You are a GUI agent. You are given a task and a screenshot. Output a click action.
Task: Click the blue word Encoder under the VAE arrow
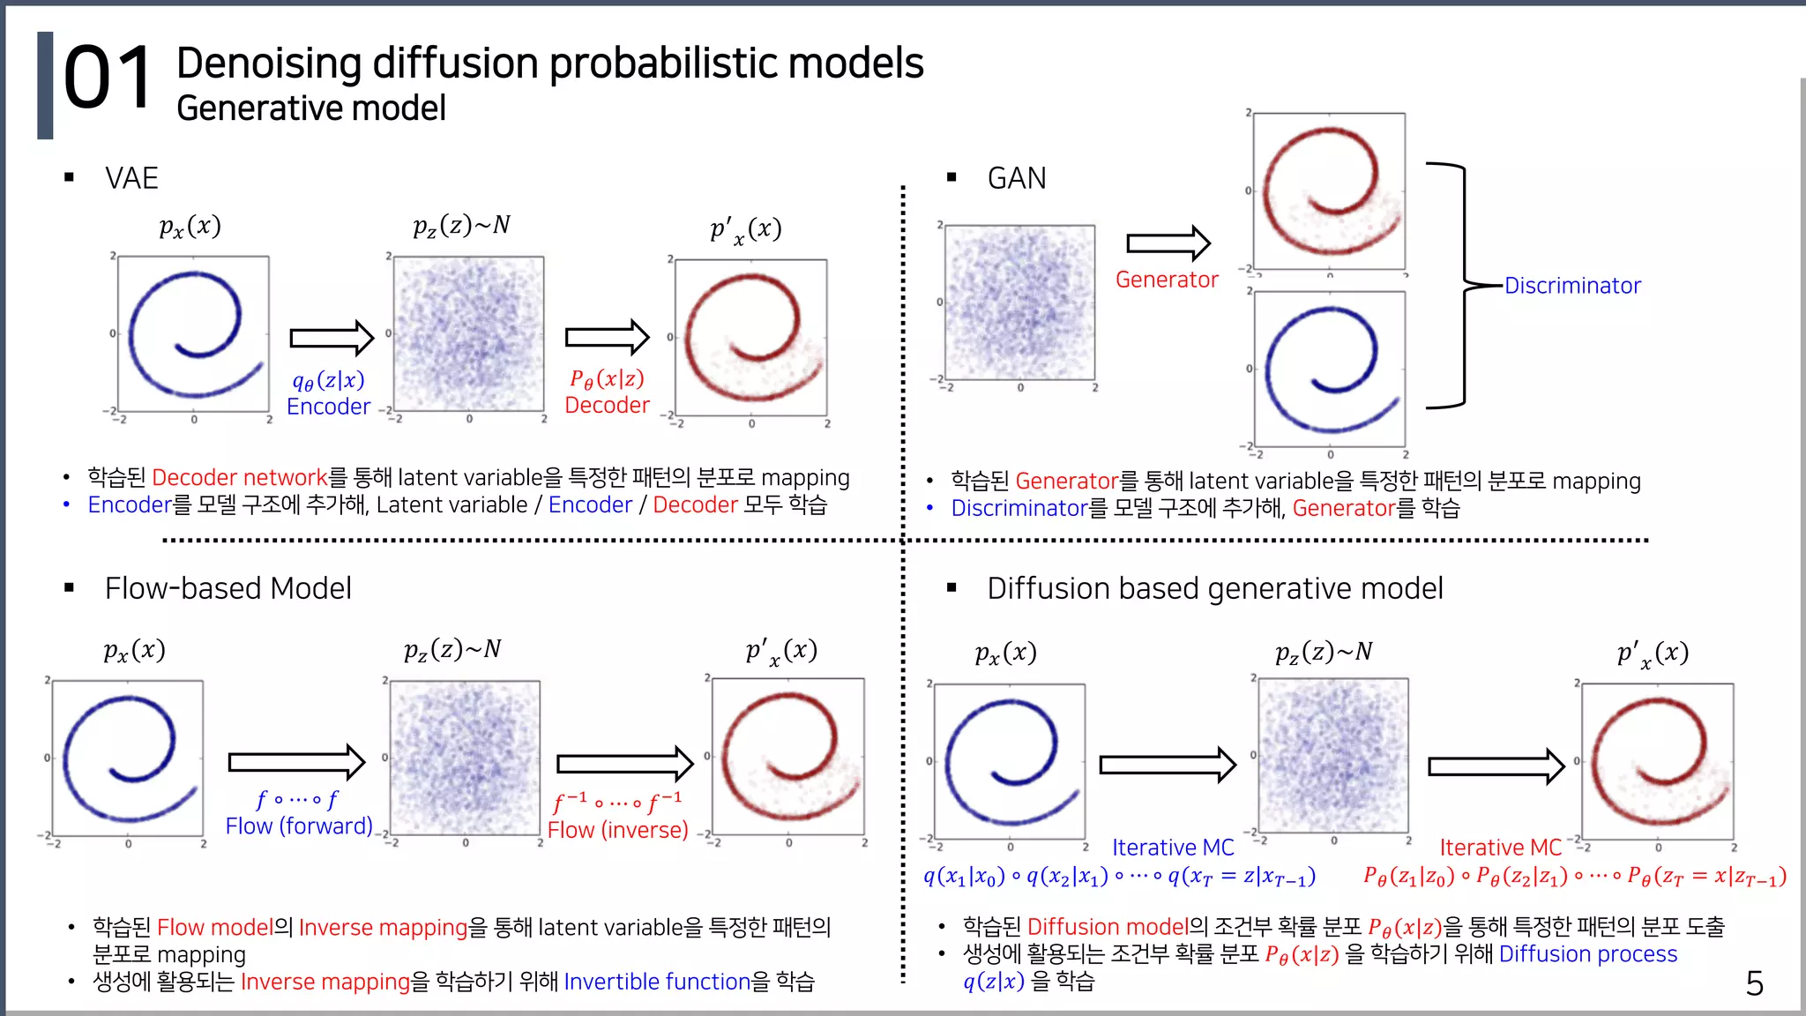click(328, 407)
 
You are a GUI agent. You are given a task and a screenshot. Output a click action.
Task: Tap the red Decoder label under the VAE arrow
click(607, 405)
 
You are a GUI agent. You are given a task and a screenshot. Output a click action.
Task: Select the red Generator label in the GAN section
click(1166, 280)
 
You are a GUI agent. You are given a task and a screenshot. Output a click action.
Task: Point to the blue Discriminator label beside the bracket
click(1572, 286)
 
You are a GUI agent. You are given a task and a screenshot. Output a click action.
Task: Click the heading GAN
click(1016, 178)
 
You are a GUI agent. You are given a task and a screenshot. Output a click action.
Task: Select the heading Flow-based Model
click(228, 588)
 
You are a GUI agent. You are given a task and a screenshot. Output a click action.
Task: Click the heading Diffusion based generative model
click(1214, 588)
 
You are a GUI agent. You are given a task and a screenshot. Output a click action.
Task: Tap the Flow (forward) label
click(299, 826)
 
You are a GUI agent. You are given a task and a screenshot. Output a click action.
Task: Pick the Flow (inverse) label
click(617, 830)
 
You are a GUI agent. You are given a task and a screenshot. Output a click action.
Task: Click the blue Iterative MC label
click(1172, 848)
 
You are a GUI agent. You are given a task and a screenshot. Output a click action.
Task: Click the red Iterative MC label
click(1500, 848)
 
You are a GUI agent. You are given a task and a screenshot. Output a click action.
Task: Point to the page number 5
click(1754, 983)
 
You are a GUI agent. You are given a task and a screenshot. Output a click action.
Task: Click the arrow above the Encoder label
click(332, 338)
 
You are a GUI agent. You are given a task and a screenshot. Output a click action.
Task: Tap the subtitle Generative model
click(310, 108)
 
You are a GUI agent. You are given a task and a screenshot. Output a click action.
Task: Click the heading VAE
click(131, 178)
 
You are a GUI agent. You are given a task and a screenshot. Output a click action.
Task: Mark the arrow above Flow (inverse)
click(624, 764)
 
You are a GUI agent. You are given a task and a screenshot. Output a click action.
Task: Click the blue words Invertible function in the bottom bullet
click(657, 982)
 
